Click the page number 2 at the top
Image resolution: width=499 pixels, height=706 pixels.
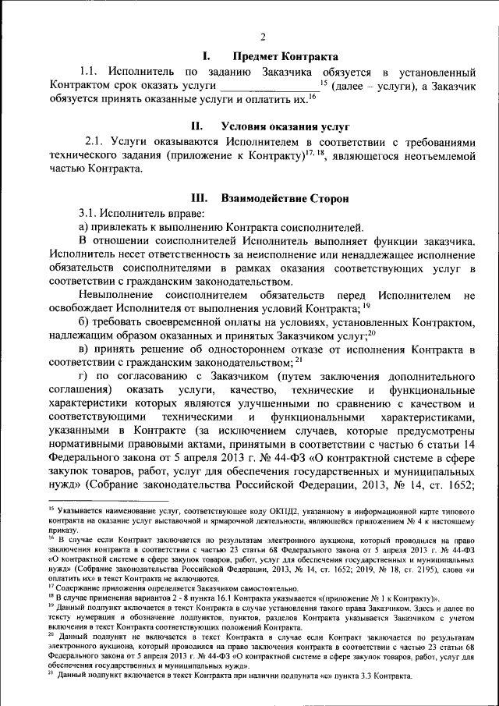(262, 37)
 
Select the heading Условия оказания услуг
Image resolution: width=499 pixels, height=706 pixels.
(285, 126)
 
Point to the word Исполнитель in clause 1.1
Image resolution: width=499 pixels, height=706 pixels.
(143, 71)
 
